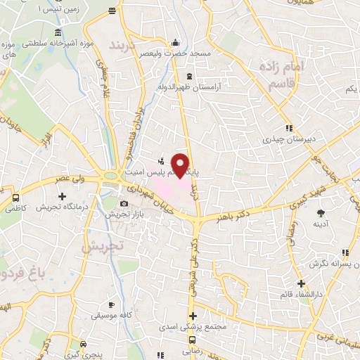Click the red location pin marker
181,165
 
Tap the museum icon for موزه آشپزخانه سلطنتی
58,34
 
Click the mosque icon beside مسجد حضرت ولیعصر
175,41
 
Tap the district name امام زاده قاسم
269,75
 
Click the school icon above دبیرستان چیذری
288,128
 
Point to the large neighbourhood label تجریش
103,247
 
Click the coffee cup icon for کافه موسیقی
111,304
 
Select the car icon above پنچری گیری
84,345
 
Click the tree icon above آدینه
321,212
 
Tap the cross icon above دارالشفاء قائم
302,283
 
